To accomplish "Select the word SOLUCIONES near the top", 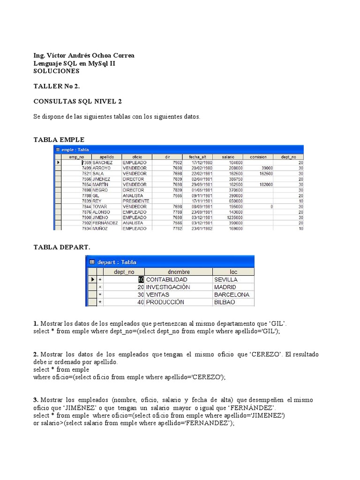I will click(x=57, y=71).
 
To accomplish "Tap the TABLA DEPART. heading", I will click(x=62, y=247).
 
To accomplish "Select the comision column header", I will click(x=258, y=157).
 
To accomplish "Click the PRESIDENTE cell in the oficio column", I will click(x=136, y=201).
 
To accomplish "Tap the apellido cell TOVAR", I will click(x=100, y=206).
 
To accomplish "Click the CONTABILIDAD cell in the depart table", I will click(x=167, y=279).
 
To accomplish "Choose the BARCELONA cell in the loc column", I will click(x=232, y=295).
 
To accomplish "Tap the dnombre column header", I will click(x=178, y=271).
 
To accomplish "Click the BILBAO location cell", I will click(x=225, y=303).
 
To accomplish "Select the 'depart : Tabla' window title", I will click(x=117, y=262).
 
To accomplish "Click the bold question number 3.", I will click(x=36, y=400).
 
